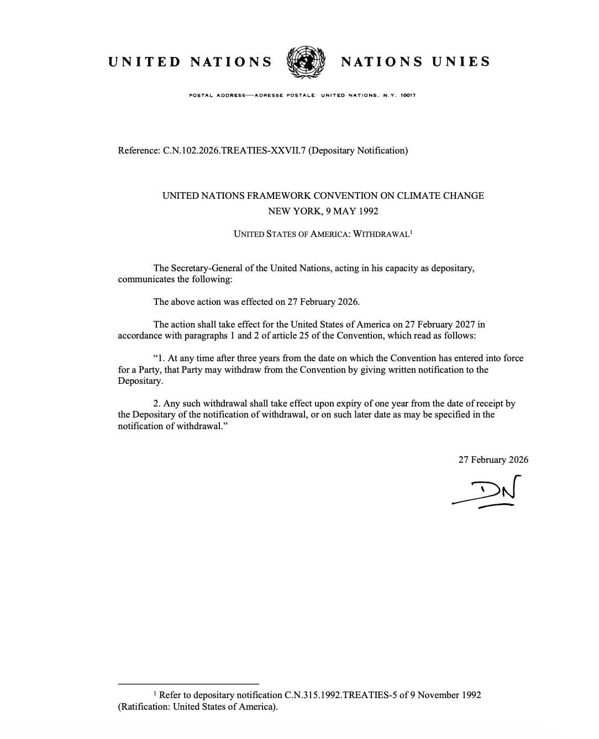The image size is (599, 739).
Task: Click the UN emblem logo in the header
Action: (x=304, y=62)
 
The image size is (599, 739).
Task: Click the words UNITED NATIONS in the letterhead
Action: (x=190, y=62)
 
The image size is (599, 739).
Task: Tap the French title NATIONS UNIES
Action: (x=416, y=62)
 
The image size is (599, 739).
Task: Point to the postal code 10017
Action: (x=408, y=96)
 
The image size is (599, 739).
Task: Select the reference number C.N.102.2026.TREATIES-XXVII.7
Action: (x=234, y=150)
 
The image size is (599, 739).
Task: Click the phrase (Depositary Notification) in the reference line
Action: (x=358, y=150)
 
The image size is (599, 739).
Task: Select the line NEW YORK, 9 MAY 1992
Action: (x=323, y=211)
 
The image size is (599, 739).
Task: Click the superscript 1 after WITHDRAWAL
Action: (x=411, y=232)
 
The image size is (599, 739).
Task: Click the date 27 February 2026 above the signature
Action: (x=493, y=460)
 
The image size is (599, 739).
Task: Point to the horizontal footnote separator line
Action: (x=188, y=684)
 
